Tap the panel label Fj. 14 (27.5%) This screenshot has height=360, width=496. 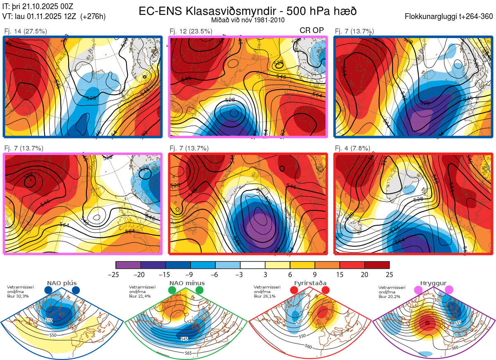[25, 31]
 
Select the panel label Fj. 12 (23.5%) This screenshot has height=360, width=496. [191, 31]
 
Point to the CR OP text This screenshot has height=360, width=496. [312, 30]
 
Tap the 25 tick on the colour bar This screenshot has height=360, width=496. [389, 274]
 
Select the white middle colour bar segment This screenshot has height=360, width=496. [253, 265]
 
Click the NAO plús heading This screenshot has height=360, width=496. [62, 283]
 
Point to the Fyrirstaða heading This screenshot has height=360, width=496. [310, 283]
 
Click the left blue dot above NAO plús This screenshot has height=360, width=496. [48, 290]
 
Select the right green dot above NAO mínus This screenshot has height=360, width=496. [200, 290]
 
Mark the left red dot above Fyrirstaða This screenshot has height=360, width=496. [294, 290]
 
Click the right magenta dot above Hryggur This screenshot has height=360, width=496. [449, 290]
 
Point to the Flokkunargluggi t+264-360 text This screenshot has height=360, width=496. [450, 17]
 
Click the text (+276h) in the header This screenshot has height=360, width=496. [93, 17]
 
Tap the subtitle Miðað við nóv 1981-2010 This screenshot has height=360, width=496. [248, 20]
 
